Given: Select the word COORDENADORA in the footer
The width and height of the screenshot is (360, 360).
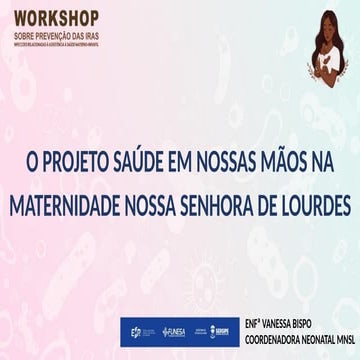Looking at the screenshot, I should click(269, 338).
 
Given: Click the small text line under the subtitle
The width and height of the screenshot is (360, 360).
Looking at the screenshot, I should click(56, 41).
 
